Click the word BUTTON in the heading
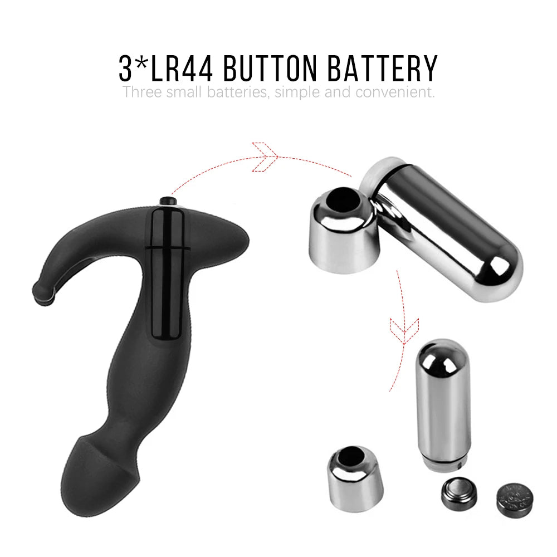pos(270,68)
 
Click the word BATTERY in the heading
pos(382,68)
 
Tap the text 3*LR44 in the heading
pos(166,68)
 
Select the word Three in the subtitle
pos(142,92)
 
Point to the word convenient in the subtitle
pos(395,92)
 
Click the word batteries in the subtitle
pos(237,92)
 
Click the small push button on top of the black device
pos(168,201)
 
